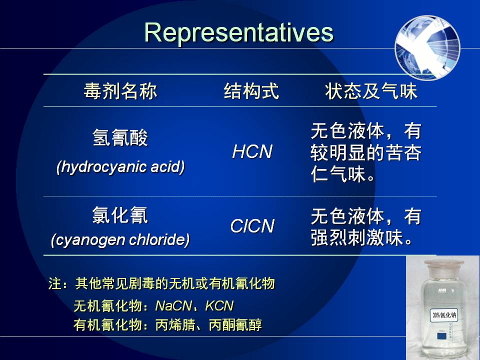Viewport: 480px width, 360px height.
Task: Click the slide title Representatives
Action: tap(239, 33)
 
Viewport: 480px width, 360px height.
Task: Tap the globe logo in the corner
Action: tap(427, 47)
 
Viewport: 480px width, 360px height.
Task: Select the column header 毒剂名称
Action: tap(120, 91)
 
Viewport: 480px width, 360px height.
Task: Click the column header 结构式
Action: tap(251, 91)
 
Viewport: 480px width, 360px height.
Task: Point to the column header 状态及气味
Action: tap(371, 91)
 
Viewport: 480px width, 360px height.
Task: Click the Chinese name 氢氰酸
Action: tap(120, 137)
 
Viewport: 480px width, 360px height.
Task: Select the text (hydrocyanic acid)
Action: tap(120, 167)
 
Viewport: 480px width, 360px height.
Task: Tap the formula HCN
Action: tap(252, 151)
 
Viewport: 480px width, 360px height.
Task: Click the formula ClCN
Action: tap(252, 226)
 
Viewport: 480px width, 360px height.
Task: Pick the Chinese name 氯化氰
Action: tap(120, 215)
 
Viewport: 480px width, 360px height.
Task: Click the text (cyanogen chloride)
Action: tap(120, 239)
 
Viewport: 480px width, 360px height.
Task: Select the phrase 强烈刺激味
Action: tap(356, 237)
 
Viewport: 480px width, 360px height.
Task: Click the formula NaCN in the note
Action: tap(173, 305)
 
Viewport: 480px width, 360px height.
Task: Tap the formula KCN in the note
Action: tap(219, 305)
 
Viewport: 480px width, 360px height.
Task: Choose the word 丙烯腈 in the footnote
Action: tap(175, 325)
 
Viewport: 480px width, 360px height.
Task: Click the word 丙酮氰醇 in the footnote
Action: tap(235, 325)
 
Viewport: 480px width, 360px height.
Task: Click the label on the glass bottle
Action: tap(444, 315)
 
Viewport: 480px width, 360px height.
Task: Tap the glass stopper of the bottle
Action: tap(443, 266)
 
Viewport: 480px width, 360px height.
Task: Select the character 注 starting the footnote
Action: tap(55, 283)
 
